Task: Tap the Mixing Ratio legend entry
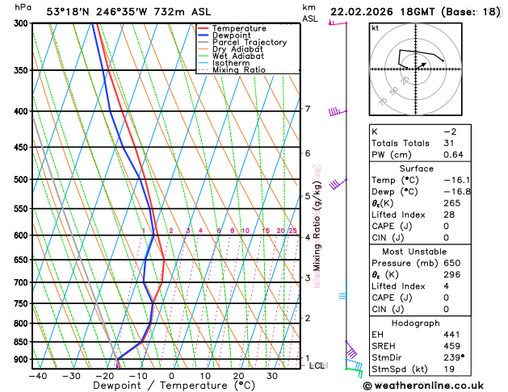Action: (238, 70)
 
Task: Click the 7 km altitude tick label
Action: (307, 109)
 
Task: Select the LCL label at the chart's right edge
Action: (317, 365)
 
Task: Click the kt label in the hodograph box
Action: (375, 27)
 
